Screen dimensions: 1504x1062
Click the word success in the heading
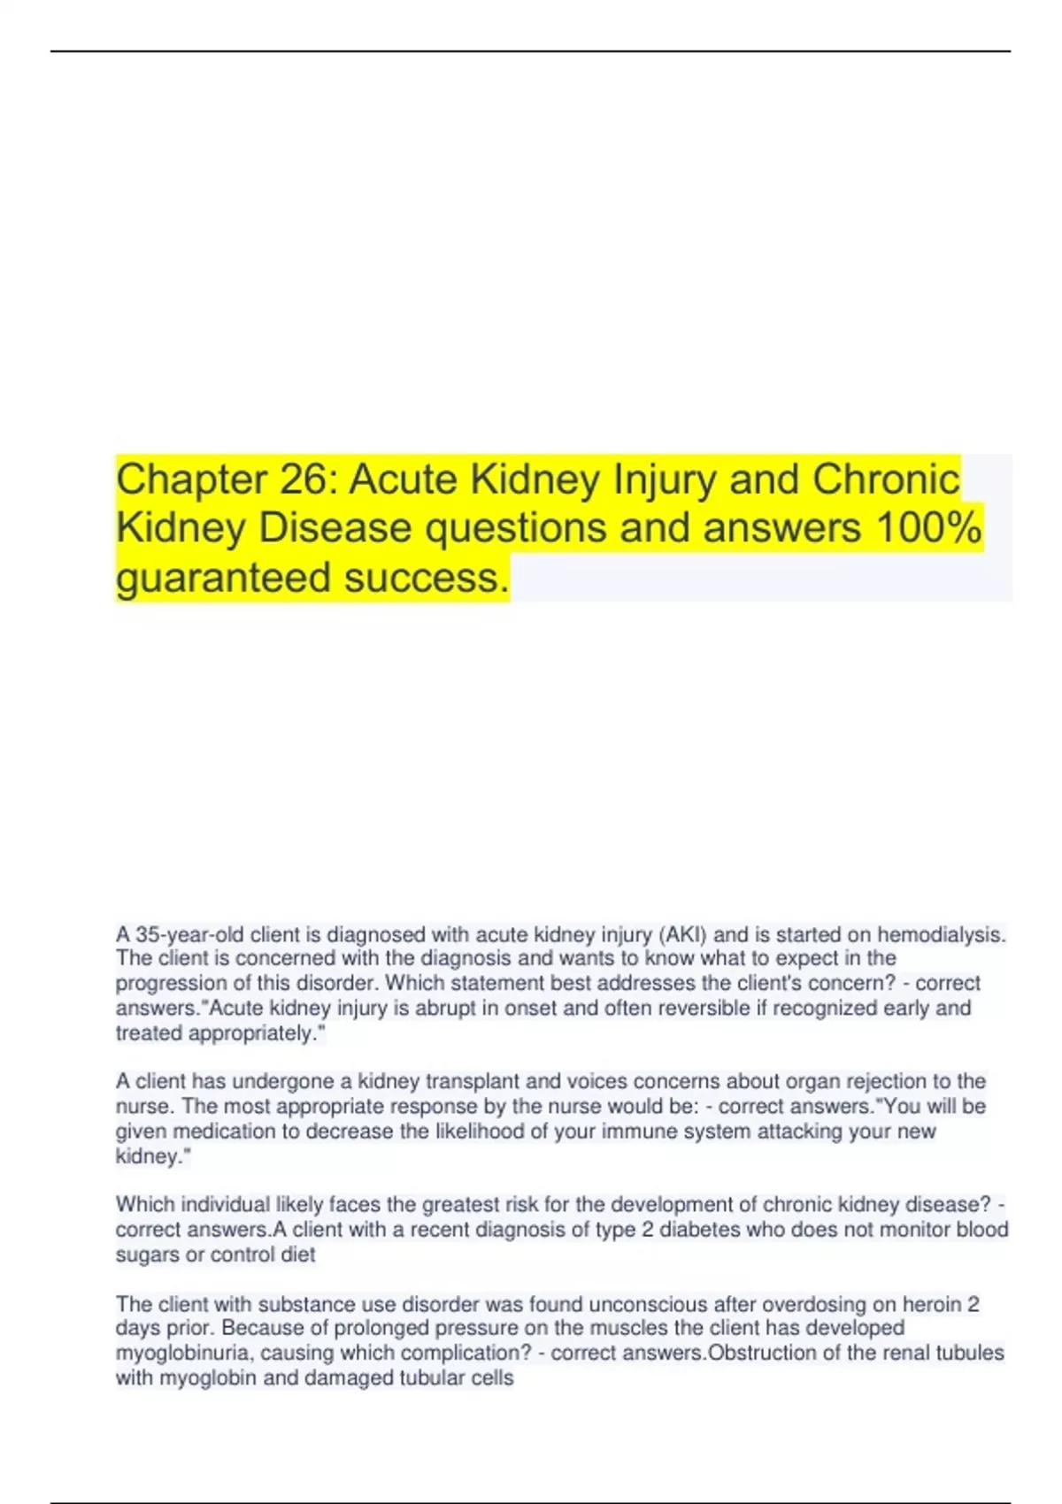click(x=426, y=578)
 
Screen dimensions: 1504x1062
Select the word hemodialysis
click(x=942, y=934)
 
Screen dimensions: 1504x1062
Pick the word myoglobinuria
click(x=183, y=1353)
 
